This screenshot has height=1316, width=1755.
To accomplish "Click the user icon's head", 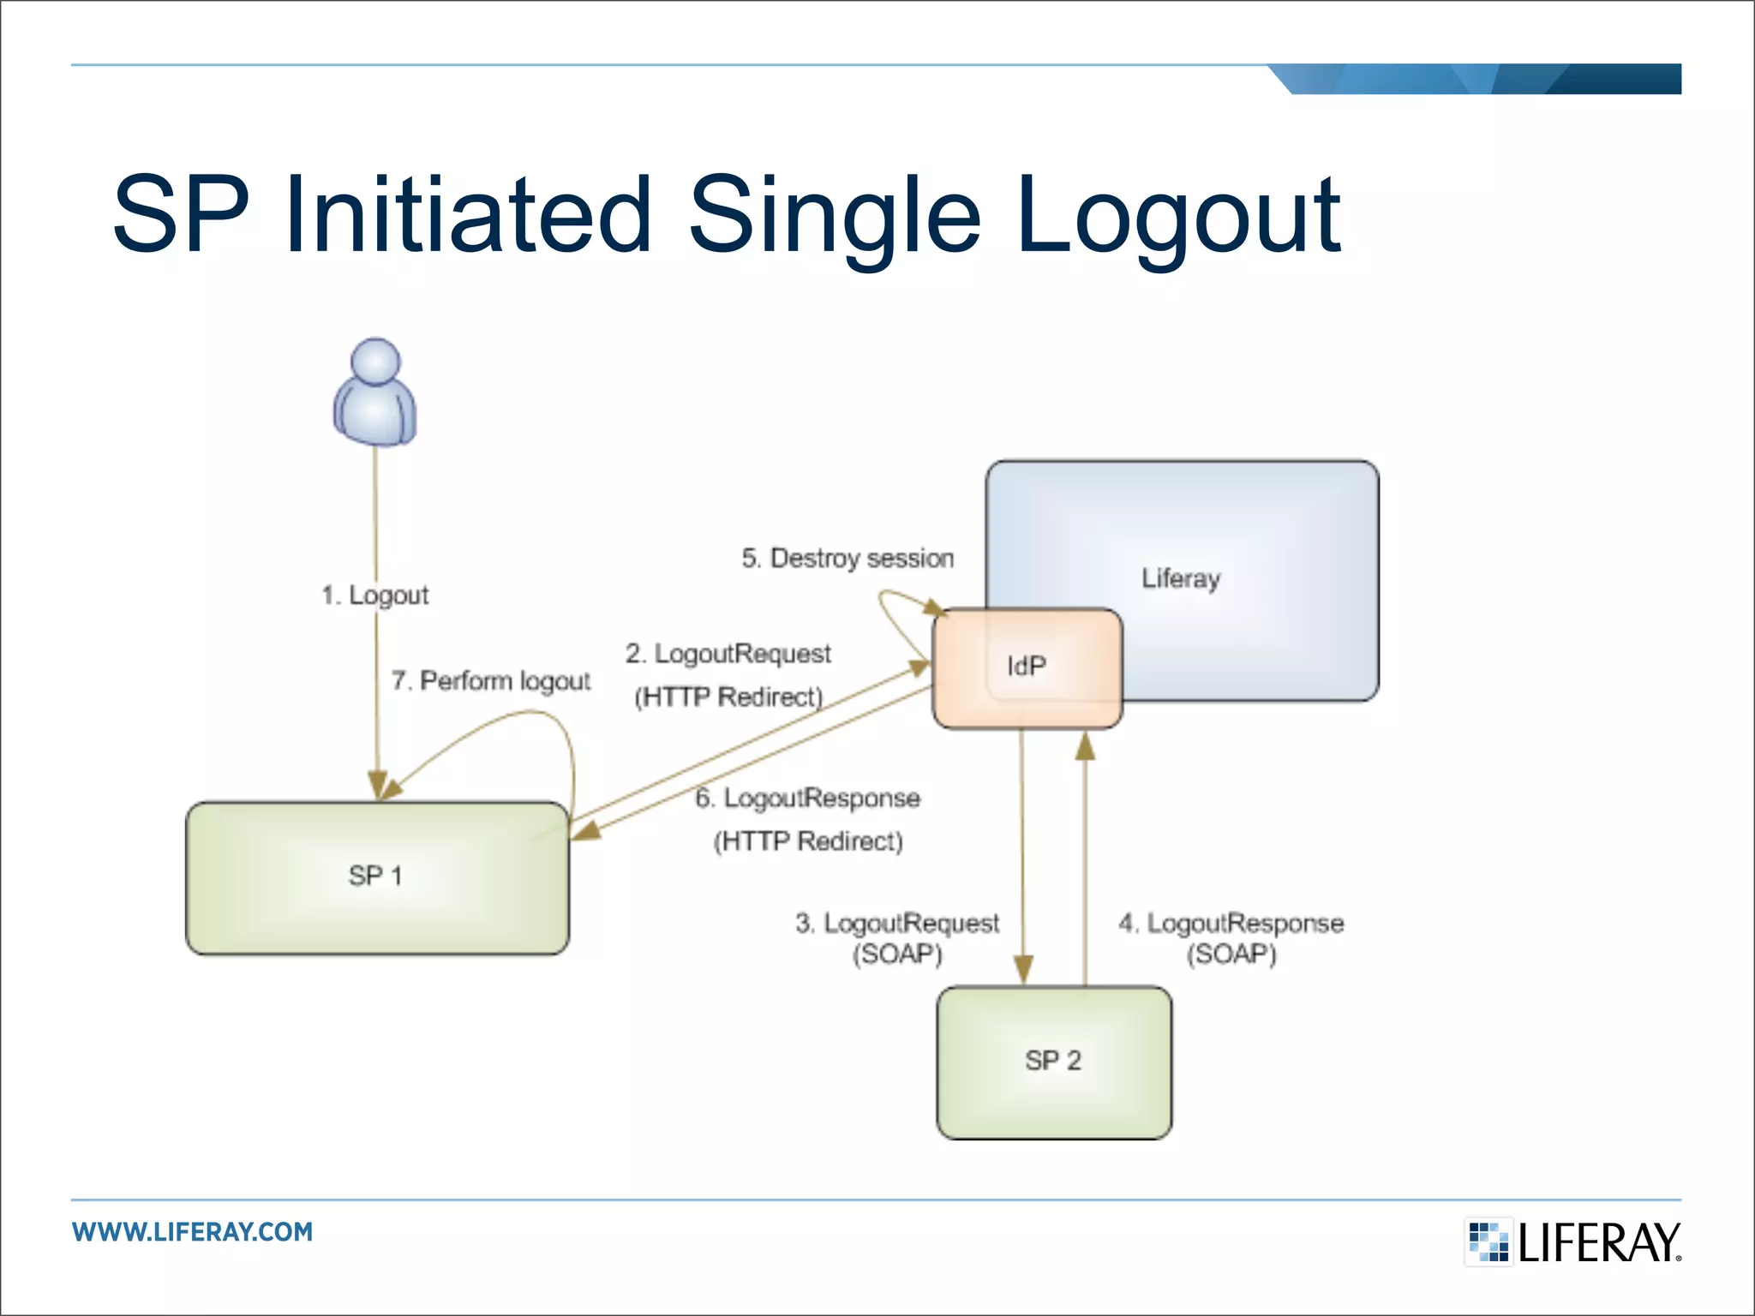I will pos(375,362).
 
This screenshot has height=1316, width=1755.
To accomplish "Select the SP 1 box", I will pos(377,877).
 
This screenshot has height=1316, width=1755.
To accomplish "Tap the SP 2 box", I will pos(1053,1062).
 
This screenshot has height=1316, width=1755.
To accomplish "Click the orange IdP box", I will pos(1027,667).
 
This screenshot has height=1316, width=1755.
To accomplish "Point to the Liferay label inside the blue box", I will pos(1180,578).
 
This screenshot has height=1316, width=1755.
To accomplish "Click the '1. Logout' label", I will pos(374,595).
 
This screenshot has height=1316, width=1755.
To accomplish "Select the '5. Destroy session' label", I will pos(847,559).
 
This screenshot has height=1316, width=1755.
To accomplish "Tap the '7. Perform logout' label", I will pos(491,681).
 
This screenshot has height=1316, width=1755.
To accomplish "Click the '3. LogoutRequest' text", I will pos(896,924).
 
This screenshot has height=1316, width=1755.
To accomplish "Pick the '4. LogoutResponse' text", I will pos(1231,924).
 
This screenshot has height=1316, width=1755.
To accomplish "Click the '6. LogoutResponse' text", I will pos(807,799).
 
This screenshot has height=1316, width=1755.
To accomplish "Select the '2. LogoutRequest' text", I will pos(728,654).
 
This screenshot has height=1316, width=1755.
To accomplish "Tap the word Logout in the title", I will pos(1178,216).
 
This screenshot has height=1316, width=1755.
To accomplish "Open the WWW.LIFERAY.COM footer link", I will pos(193,1232).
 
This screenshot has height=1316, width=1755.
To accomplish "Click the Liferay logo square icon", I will pos(1488,1241).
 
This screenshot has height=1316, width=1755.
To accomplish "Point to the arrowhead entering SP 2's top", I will pos(1023,971).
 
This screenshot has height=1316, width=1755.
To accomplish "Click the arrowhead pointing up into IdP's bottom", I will pos(1085,747).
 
